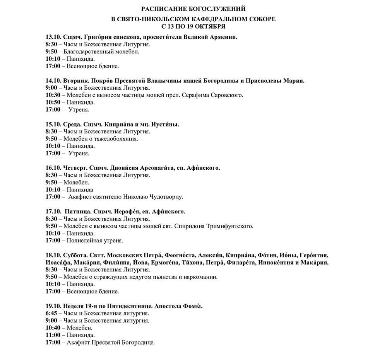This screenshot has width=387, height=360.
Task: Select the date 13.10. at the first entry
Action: click(x=53, y=37)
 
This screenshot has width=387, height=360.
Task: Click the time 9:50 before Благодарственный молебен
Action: click(x=51, y=52)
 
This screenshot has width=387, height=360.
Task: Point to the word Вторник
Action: click(x=75, y=81)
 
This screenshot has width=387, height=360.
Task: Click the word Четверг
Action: click(x=74, y=168)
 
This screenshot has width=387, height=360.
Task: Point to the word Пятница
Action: click(x=78, y=212)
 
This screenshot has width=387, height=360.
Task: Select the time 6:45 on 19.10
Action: click(x=51, y=313)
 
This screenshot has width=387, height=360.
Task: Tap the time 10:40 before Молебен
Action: click(x=53, y=328)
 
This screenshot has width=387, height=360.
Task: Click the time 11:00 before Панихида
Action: click(x=53, y=335)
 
